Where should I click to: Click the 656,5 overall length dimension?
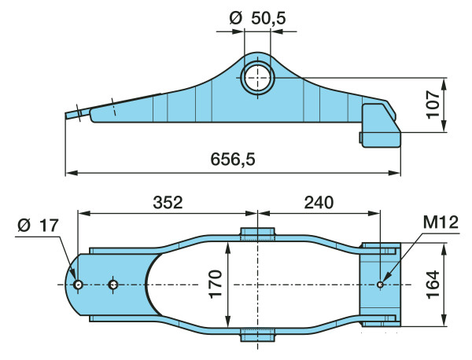point(233,159)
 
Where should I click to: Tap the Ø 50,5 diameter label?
point(257,19)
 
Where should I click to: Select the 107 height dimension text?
point(433,105)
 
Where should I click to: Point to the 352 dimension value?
point(168,203)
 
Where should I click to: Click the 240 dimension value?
point(319,203)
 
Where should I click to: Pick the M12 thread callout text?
point(441,222)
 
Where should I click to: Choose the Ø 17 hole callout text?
point(38,226)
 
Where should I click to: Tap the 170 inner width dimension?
point(216,285)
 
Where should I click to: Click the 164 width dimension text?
point(433,285)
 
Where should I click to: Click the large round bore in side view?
point(257,78)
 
